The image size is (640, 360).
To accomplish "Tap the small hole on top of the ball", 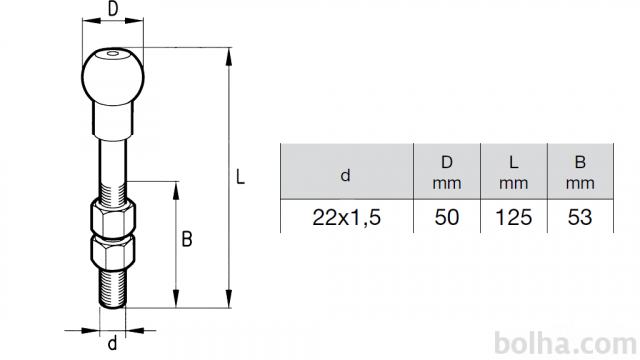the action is click(112, 53).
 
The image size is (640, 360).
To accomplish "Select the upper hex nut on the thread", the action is click(113, 217).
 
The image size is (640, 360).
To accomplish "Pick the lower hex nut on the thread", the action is click(113, 253).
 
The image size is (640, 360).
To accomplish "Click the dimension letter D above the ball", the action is click(113, 9).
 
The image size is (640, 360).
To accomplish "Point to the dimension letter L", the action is click(240, 177).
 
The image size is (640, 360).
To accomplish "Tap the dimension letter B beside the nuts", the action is click(187, 239).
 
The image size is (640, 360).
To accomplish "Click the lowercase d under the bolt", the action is click(112, 343).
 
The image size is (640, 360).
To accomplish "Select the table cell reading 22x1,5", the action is click(347, 217).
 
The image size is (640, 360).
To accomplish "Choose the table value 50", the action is click(447, 217).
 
